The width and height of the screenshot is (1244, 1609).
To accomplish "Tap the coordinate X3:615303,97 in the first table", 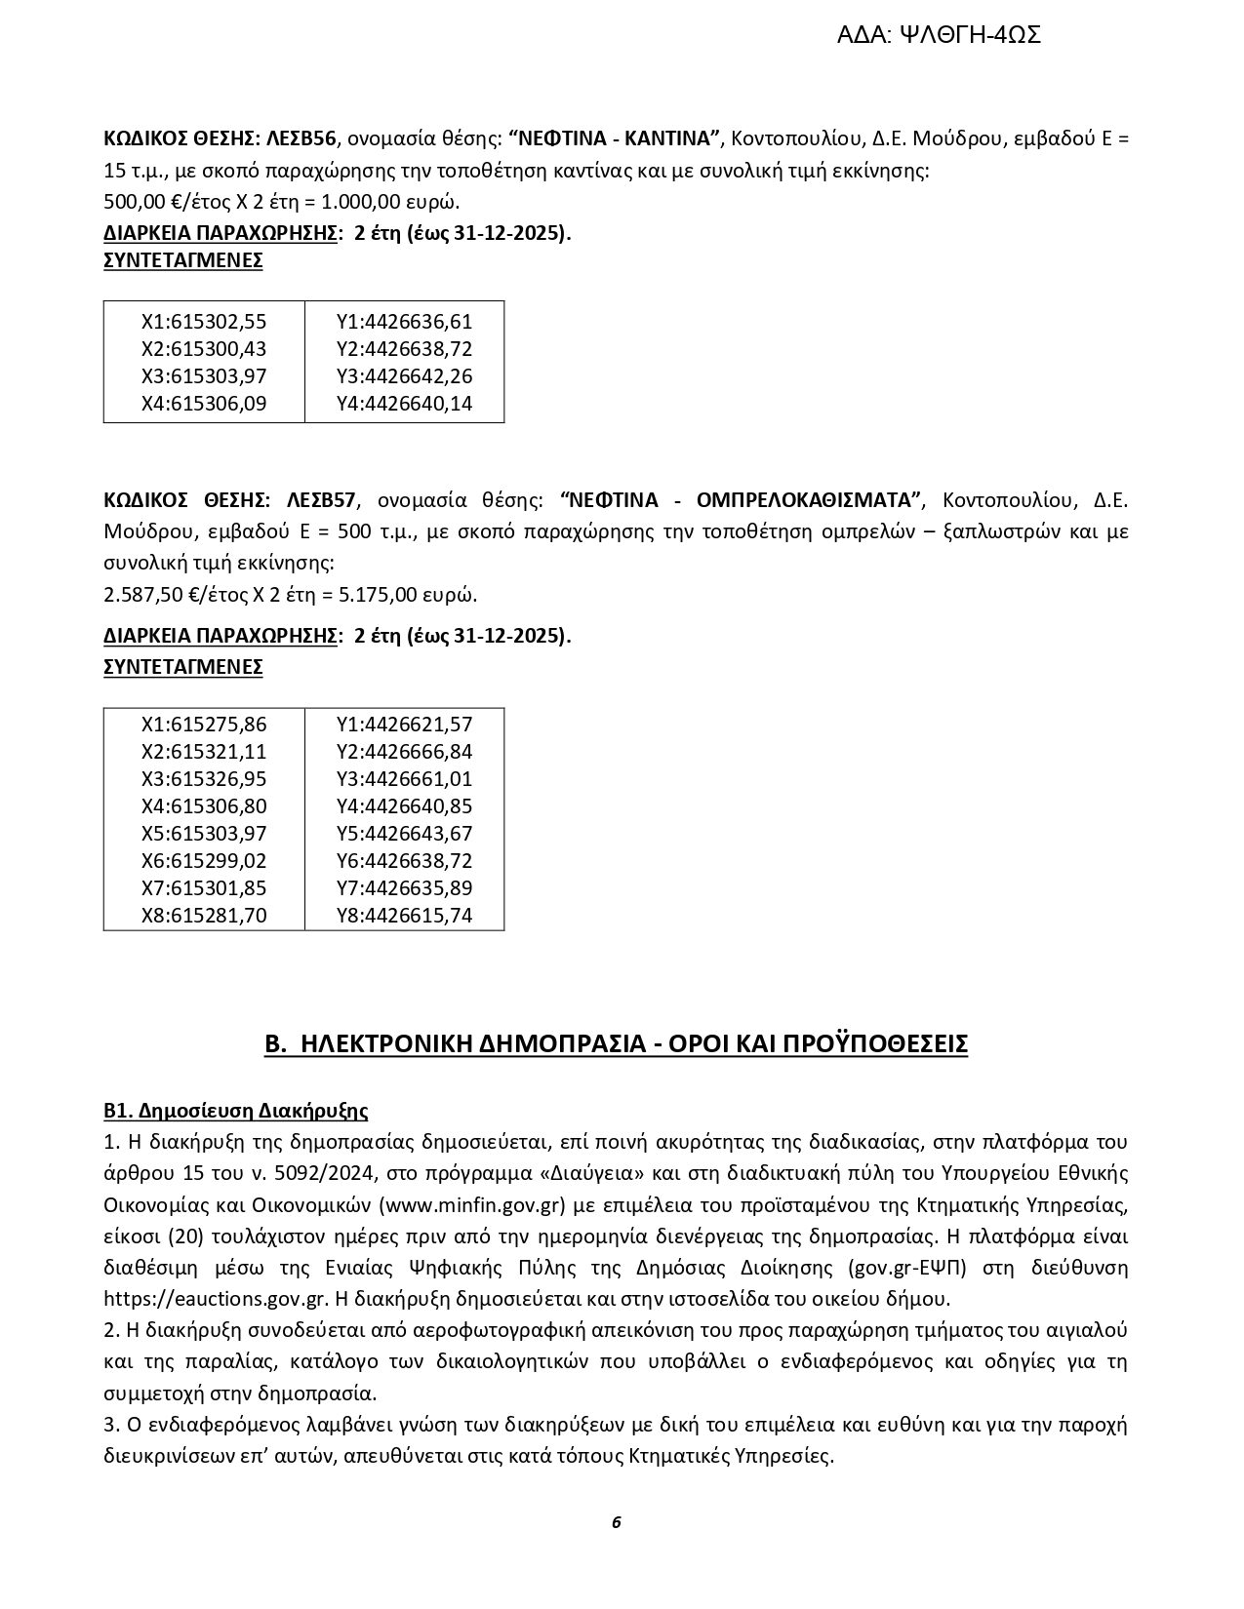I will [x=204, y=376].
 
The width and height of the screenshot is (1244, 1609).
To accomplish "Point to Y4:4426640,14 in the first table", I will [x=404, y=404].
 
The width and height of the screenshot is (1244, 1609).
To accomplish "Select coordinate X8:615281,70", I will [x=204, y=916].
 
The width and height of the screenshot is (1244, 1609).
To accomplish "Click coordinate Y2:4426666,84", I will [x=404, y=752].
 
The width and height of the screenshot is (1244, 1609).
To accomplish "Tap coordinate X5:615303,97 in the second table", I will [x=204, y=834].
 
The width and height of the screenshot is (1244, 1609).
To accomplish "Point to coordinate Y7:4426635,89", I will [x=404, y=888].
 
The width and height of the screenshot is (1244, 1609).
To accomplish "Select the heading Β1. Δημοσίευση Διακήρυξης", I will [x=235, y=1111].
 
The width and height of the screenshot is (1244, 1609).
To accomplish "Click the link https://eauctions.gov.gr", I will [x=215, y=1299].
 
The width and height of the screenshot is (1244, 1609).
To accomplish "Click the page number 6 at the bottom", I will [x=617, y=1522].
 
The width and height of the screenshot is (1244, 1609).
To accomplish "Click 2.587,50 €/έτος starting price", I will [x=176, y=595].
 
